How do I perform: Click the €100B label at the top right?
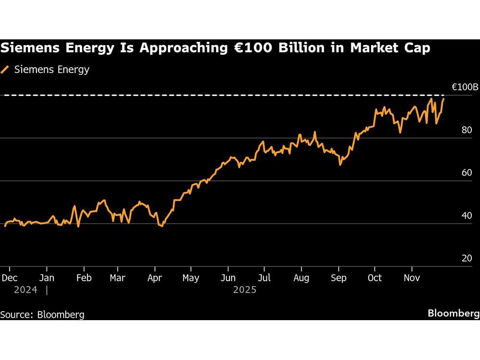click(x=465, y=87)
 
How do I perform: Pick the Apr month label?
click(x=155, y=278)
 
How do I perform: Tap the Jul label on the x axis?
click(x=264, y=278)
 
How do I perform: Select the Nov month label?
click(x=412, y=278)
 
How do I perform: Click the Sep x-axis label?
click(x=338, y=278)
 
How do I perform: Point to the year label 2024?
click(x=25, y=290)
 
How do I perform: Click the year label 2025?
click(x=245, y=290)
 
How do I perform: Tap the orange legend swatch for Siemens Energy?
click(x=5, y=70)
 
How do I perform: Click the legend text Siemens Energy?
click(x=52, y=70)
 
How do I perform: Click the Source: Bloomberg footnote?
click(x=42, y=315)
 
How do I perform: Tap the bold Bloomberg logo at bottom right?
click(x=453, y=313)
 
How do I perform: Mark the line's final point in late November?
click(x=444, y=99)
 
